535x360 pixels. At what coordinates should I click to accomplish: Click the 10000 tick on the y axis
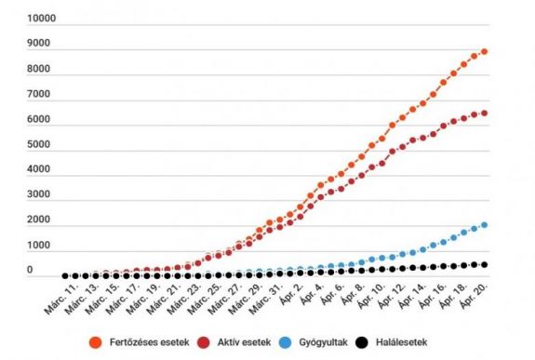coord(44,19)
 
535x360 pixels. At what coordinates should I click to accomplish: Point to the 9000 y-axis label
coord(41,44)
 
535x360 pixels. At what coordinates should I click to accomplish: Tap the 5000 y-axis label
coord(41,145)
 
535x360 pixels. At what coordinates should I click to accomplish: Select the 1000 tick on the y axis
coord(41,246)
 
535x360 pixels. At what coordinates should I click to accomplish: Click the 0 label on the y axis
coord(30,271)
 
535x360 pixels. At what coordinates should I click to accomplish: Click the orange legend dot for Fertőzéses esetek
coord(94,342)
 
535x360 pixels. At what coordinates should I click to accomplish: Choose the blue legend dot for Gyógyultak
coord(288,342)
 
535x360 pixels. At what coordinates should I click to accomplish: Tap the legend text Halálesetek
coord(408,342)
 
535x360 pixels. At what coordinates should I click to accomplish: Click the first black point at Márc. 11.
coord(65,276)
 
